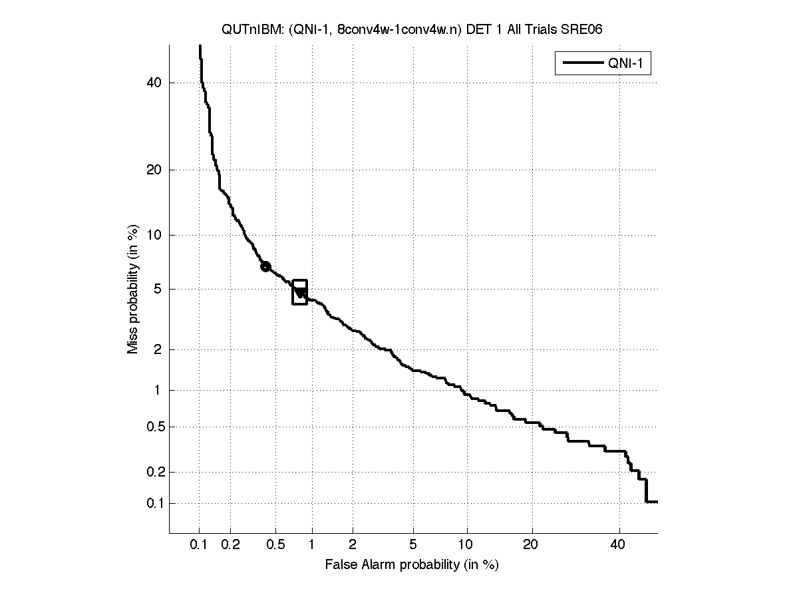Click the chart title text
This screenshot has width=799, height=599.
pyautogui.click(x=412, y=30)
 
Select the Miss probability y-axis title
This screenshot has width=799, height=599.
pyautogui.click(x=134, y=290)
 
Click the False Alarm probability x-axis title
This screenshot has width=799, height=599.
pyautogui.click(x=412, y=565)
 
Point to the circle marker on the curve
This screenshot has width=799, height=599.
pyautogui.click(x=265, y=266)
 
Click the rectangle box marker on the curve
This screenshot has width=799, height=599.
pyautogui.click(x=300, y=292)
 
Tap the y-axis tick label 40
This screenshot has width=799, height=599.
pyautogui.click(x=154, y=83)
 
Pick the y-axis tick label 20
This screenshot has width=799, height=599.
pyautogui.click(x=154, y=170)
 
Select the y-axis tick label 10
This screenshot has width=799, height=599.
pyautogui.click(x=154, y=235)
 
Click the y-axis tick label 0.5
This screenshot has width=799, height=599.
pyautogui.click(x=152, y=427)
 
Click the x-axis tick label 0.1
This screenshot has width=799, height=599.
pyautogui.click(x=199, y=545)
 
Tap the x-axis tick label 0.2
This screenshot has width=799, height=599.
pyautogui.click(x=231, y=545)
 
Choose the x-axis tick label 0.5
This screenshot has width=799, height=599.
pyautogui.click(x=275, y=545)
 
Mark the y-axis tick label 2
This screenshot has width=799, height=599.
pyautogui.click(x=158, y=349)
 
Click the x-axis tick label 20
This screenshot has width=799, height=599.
pyautogui.click(x=530, y=545)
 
